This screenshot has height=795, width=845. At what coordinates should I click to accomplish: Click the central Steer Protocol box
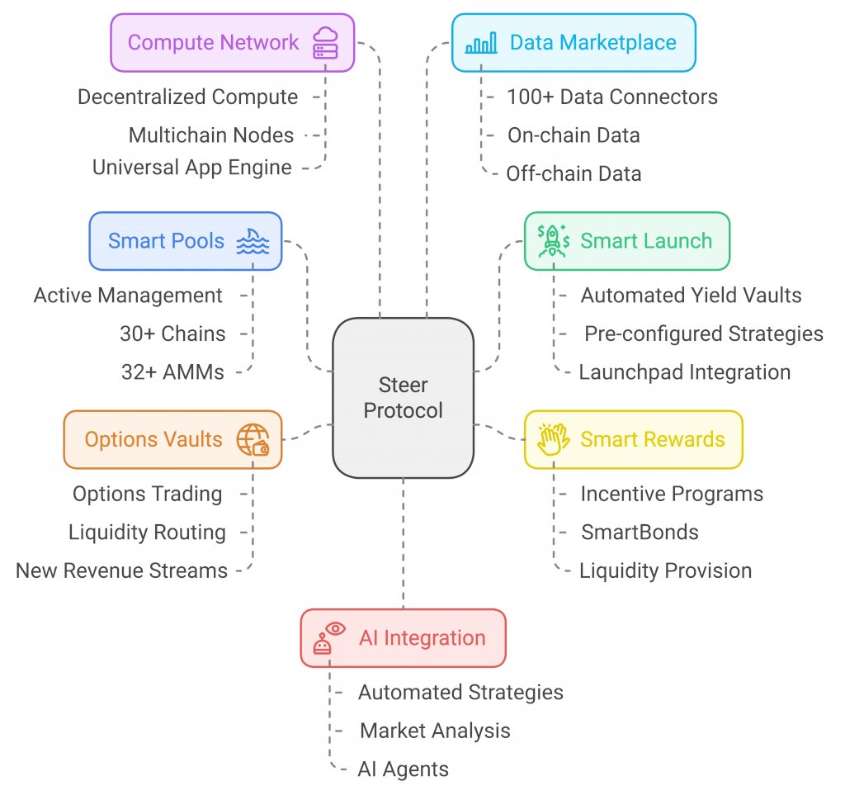[403, 397]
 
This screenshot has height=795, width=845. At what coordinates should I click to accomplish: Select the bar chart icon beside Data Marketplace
[481, 43]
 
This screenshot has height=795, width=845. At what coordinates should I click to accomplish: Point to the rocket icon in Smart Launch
[551, 241]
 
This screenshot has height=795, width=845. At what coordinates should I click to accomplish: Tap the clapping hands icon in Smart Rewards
[551, 439]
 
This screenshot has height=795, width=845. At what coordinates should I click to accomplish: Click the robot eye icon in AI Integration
[327, 638]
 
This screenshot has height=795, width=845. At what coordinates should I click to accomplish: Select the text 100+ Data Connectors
[611, 97]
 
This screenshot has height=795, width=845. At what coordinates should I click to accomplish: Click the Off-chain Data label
[574, 173]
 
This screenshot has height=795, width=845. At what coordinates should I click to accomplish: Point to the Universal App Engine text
[192, 168]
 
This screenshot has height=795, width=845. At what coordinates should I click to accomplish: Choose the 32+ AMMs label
[172, 372]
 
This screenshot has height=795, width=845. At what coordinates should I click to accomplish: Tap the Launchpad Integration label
[684, 372]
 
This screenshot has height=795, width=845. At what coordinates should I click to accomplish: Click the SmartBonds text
[640, 532]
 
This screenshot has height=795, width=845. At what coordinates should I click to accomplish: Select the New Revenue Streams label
[121, 570]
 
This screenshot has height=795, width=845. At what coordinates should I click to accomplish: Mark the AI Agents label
[403, 769]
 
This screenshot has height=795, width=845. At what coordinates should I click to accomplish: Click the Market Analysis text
[435, 731]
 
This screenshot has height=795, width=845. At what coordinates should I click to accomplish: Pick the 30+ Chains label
[172, 334]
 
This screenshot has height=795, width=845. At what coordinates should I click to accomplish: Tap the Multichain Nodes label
[211, 135]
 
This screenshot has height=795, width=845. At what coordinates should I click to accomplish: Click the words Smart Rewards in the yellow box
[652, 439]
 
